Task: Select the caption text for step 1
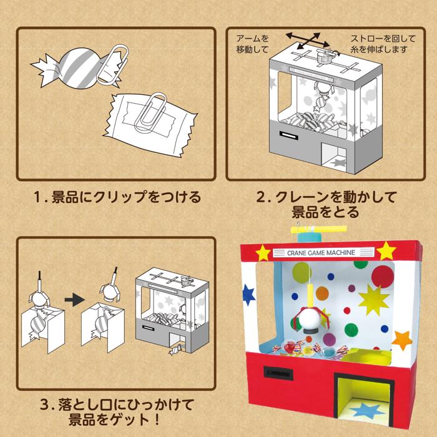117,198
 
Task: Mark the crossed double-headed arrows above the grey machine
306,40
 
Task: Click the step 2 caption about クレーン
327,205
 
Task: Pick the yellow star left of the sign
263,253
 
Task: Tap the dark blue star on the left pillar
249,293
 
